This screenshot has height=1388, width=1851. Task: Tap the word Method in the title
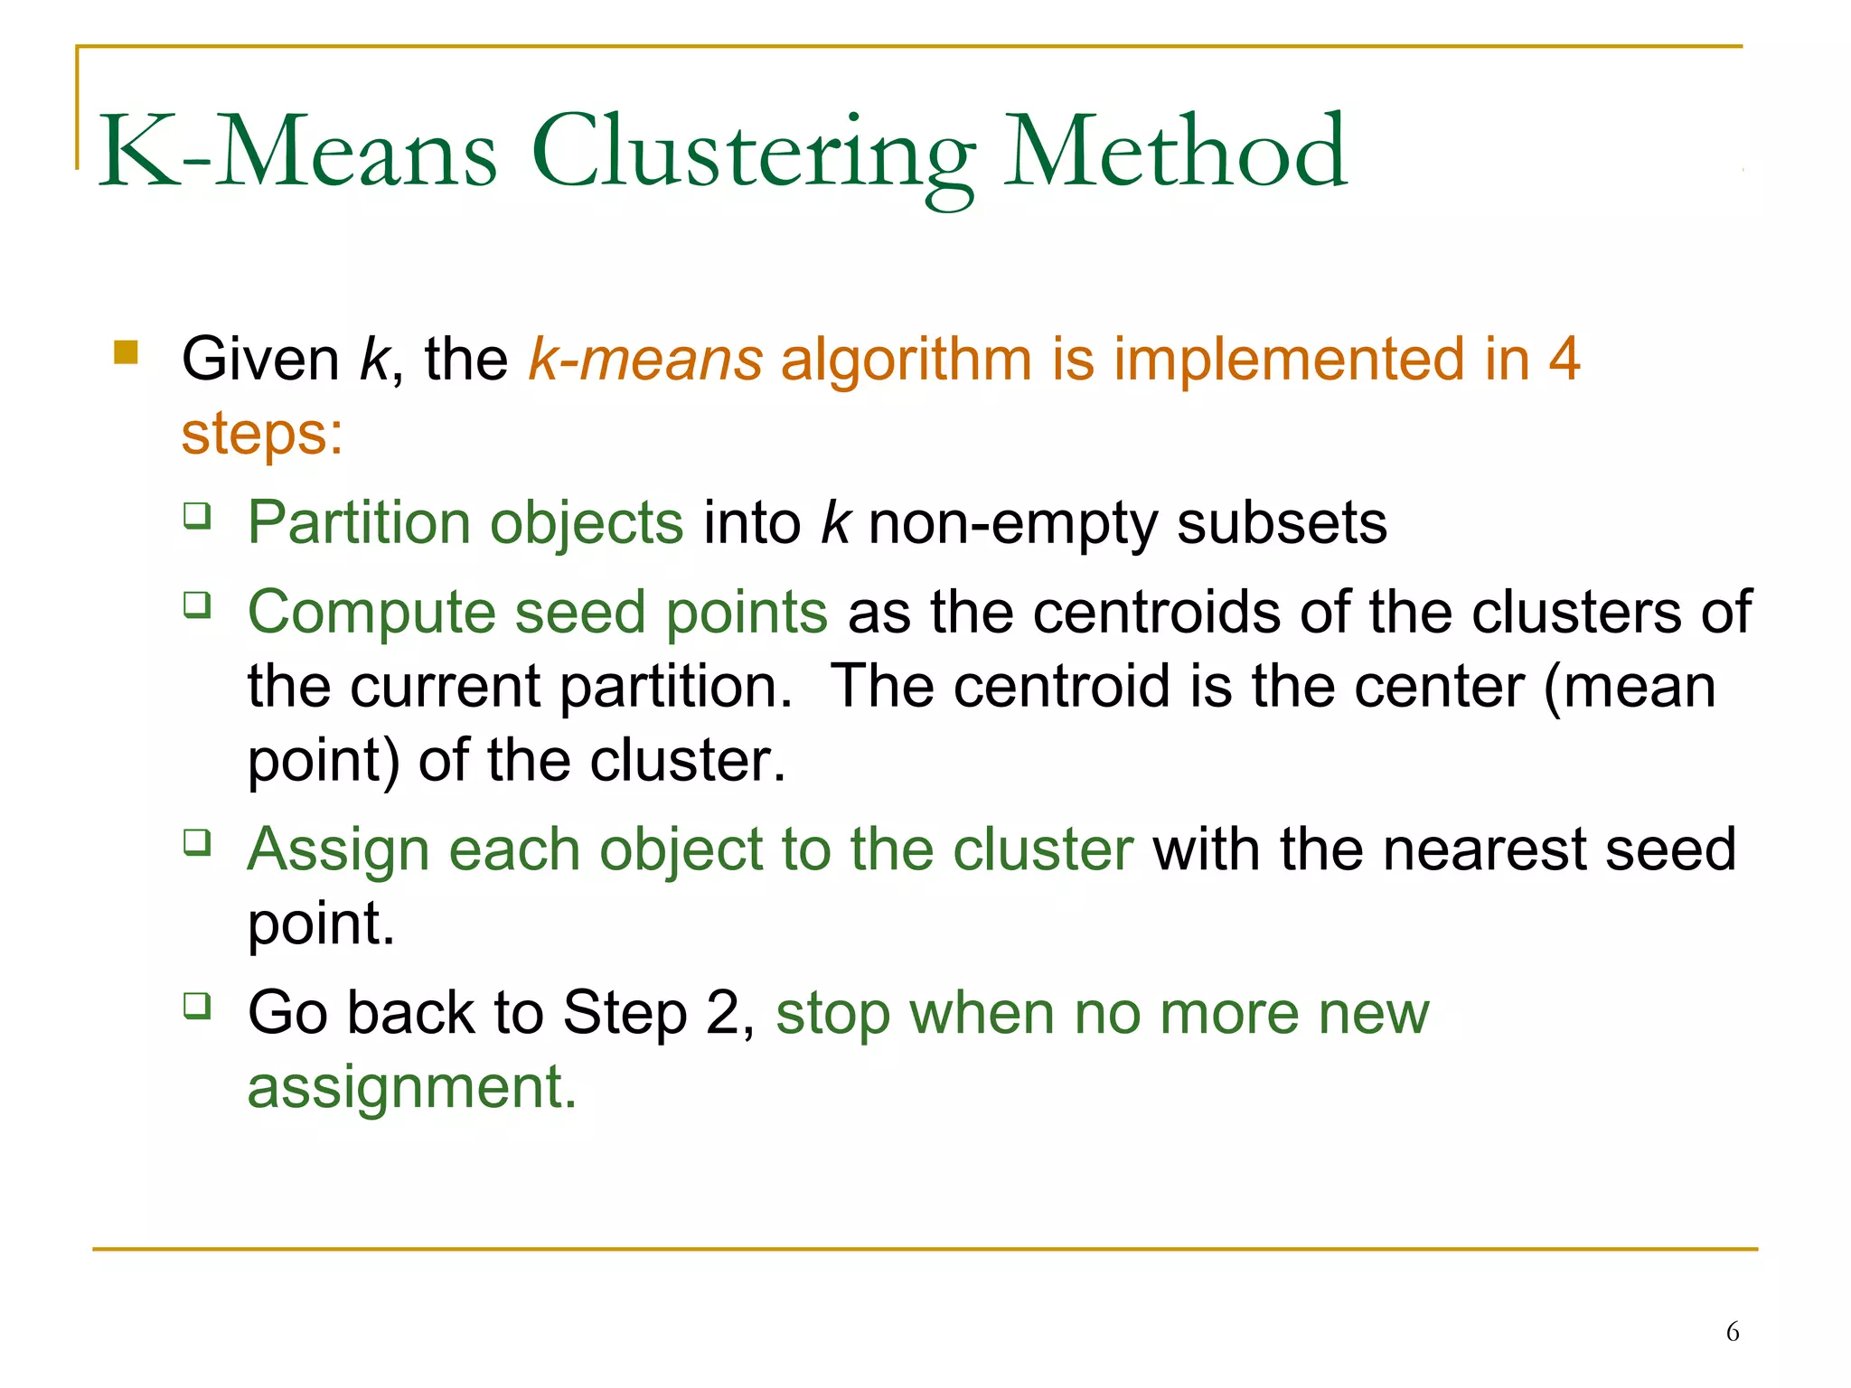coord(1175,152)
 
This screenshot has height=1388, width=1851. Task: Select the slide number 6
coord(1733,1331)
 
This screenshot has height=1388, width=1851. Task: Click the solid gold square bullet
coord(126,352)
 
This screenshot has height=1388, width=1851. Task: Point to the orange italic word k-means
coord(645,360)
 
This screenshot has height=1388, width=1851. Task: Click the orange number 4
coord(1564,360)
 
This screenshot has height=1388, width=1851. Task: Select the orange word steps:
coord(262,434)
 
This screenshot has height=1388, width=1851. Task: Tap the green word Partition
coord(359,523)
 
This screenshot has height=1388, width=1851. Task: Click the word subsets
coord(1281,523)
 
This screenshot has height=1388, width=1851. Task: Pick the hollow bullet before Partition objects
coord(197,516)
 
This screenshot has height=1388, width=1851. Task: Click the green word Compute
coord(371,613)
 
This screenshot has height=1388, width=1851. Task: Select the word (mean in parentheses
coord(1629,687)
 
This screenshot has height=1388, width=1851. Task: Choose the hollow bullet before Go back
coord(197,1005)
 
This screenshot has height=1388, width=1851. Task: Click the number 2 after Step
coord(723,1013)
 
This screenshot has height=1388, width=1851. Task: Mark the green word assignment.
coord(411,1087)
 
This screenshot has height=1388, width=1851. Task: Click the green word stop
coord(832,1015)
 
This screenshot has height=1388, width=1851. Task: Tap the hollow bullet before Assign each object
coord(197,842)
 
